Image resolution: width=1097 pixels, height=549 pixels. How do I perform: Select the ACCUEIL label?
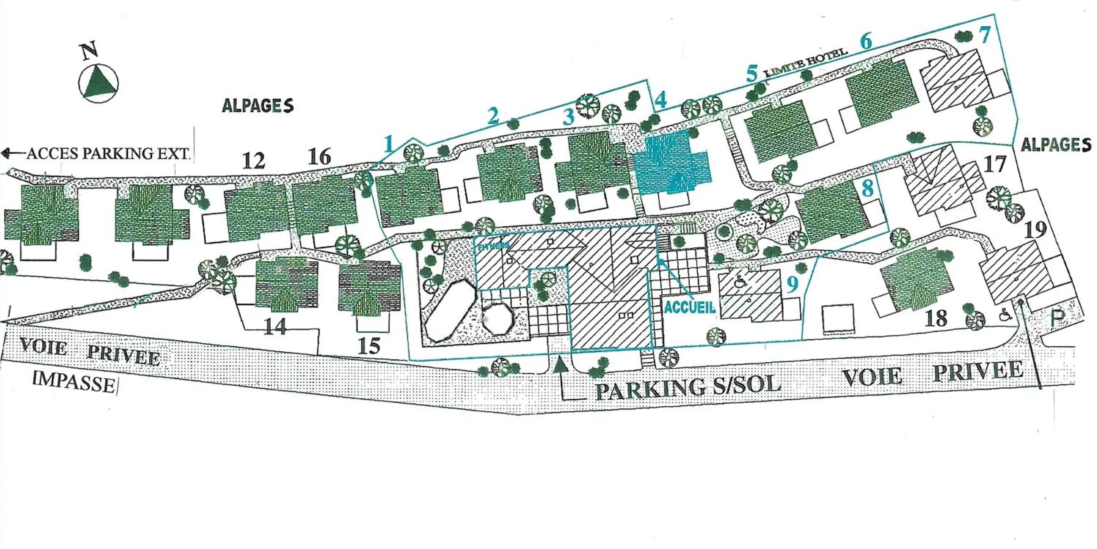tap(689, 307)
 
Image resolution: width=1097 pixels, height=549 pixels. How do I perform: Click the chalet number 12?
tap(254, 161)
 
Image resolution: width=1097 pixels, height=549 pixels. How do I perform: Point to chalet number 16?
tap(319, 157)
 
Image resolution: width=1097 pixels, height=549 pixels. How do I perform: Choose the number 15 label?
tap(369, 346)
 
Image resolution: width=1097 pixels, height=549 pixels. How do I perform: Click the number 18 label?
tap(936, 318)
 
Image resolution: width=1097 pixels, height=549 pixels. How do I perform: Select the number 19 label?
tap(1035, 230)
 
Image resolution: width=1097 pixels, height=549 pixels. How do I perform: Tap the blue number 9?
tap(792, 285)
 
